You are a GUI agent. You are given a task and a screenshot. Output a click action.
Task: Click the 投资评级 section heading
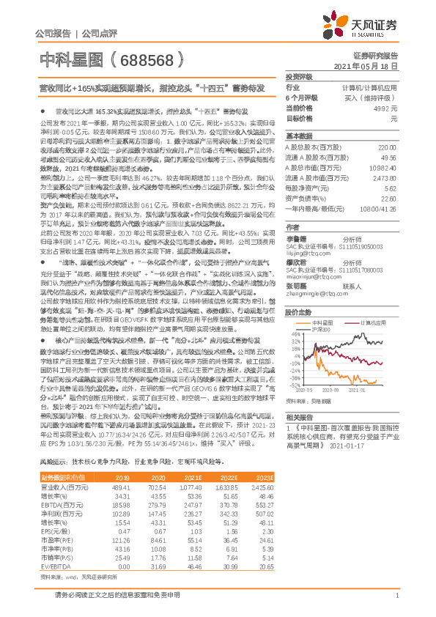(300, 76)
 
